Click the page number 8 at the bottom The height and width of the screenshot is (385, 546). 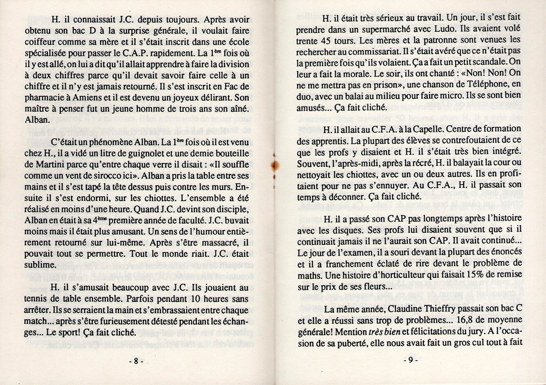click(x=135, y=362)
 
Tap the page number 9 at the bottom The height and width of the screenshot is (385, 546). click(x=410, y=362)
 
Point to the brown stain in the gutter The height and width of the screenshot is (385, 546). click(x=272, y=166)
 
